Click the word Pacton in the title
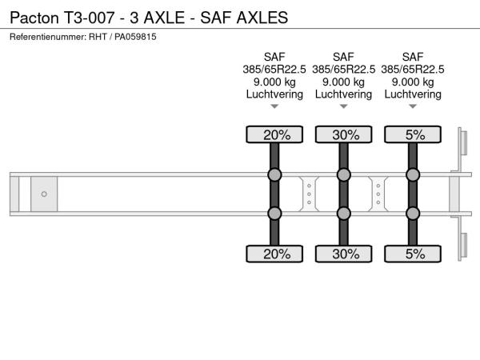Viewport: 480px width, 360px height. tap(34, 18)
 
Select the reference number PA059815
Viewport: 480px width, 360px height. tap(135, 37)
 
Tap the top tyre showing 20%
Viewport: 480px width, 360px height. tap(274, 134)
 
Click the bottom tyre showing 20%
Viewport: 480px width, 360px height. tap(274, 254)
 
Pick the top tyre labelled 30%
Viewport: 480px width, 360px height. tap(344, 134)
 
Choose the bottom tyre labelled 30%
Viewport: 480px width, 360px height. tap(344, 254)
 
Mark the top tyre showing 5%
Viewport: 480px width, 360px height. tap(413, 134)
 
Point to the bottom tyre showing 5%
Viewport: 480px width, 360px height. tap(413, 254)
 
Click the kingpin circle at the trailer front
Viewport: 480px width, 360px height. tap(44, 194)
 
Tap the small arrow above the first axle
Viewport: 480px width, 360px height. tap(274, 106)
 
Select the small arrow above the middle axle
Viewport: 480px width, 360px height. tap(344, 106)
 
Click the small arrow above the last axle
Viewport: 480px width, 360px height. tap(413, 106)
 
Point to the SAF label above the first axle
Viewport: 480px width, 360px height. tap(274, 57)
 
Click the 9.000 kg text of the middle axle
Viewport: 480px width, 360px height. tap(344, 82)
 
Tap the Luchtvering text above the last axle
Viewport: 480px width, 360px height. tap(413, 94)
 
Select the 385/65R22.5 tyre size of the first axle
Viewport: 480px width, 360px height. tap(274, 70)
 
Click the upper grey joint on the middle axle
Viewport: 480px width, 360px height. tap(344, 174)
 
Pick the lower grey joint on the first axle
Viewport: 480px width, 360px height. tap(274, 214)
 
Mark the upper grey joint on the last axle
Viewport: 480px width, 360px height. tap(413, 174)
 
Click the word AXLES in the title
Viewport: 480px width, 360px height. tap(262, 18)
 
